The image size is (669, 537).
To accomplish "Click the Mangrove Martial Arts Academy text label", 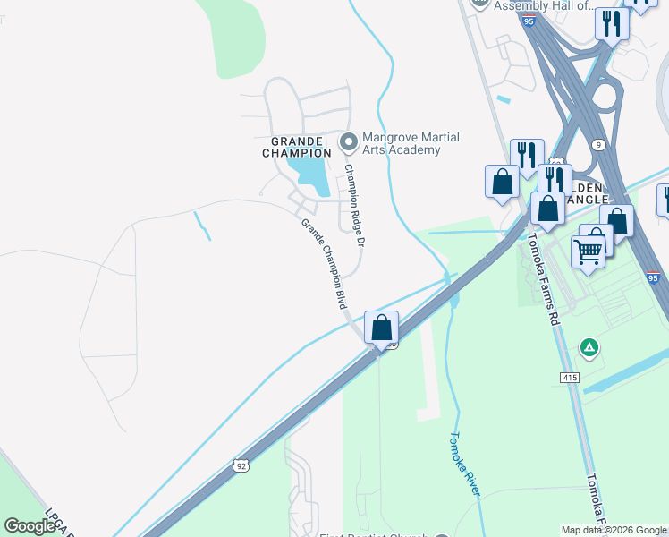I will [411, 143].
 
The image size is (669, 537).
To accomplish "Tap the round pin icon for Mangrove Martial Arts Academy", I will [348, 141].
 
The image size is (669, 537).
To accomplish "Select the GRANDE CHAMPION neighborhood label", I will [297, 147].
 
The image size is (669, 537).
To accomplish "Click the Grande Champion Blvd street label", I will [323, 264].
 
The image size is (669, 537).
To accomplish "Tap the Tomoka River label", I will [464, 465].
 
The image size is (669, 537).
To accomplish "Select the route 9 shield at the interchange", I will [598, 144].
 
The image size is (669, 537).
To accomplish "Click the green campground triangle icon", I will [589, 346].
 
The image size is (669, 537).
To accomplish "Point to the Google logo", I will [30, 527].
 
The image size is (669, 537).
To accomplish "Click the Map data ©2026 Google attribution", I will [614, 530].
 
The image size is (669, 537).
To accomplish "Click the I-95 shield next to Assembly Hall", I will [530, 20].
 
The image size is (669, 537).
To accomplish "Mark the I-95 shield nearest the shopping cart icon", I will [654, 278].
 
